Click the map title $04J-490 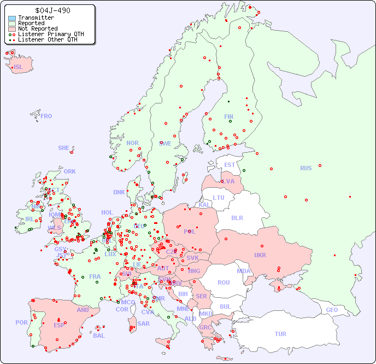pyautogui.click(x=52, y=10)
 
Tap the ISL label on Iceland pyautogui.click(x=19, y=67)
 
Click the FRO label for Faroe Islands pyautogui.click(x=46, y=116)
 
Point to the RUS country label pyautogui.click(x=305, y=168)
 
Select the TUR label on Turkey pyautogui.click(x=280, y=334)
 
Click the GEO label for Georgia pyautogui.click(x=332, y=310)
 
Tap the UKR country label pyautogui.click(x=260, y=255)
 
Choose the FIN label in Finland pyautogui.click(x=228, y=117)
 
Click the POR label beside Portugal pyautogui.click(x=21, y=322)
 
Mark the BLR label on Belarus pyautogui.click(x=237, y=217)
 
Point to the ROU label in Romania pyautogui.click(x=224, y=282)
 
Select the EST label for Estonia pyautogui.click(x=230, y=165)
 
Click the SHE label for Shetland pyautogui.click(x=64, y=148)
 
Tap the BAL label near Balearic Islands pyautogui.click(x=98, y=336)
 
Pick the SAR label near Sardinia pyautogui.click(x=143, y=323)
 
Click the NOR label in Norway pyautogui.click(x=132, y=143)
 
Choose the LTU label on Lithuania pyautogui.click(x=219, y=198)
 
